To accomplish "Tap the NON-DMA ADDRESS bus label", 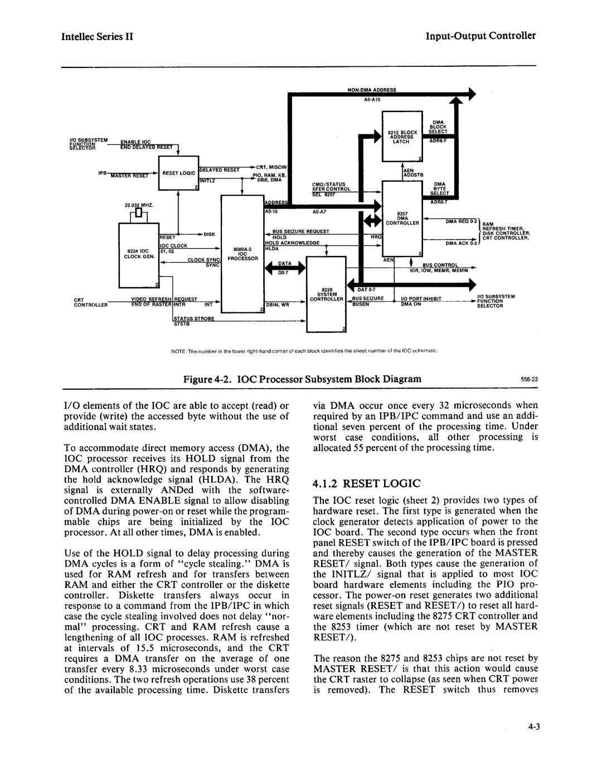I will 371,89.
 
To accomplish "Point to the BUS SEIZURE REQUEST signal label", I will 300,231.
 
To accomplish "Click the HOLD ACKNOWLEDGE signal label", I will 292,243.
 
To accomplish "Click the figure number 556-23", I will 526,379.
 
